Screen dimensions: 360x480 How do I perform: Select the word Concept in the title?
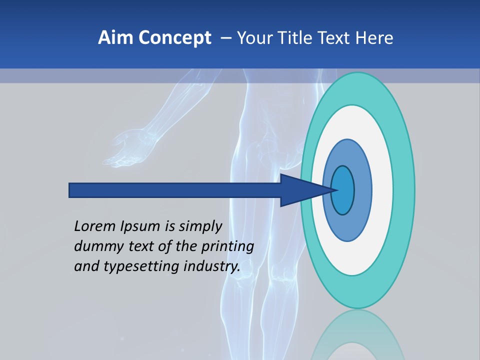click(174, 38)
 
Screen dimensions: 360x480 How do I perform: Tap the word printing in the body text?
click(227, 246)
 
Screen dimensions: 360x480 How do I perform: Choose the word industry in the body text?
click(212, 266)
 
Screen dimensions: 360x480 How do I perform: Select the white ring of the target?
click(382, 190)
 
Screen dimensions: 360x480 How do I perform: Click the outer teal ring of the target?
click(404, 190)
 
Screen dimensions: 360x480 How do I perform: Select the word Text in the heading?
click(338, 38)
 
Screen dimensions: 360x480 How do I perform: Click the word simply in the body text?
click(200, 226)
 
